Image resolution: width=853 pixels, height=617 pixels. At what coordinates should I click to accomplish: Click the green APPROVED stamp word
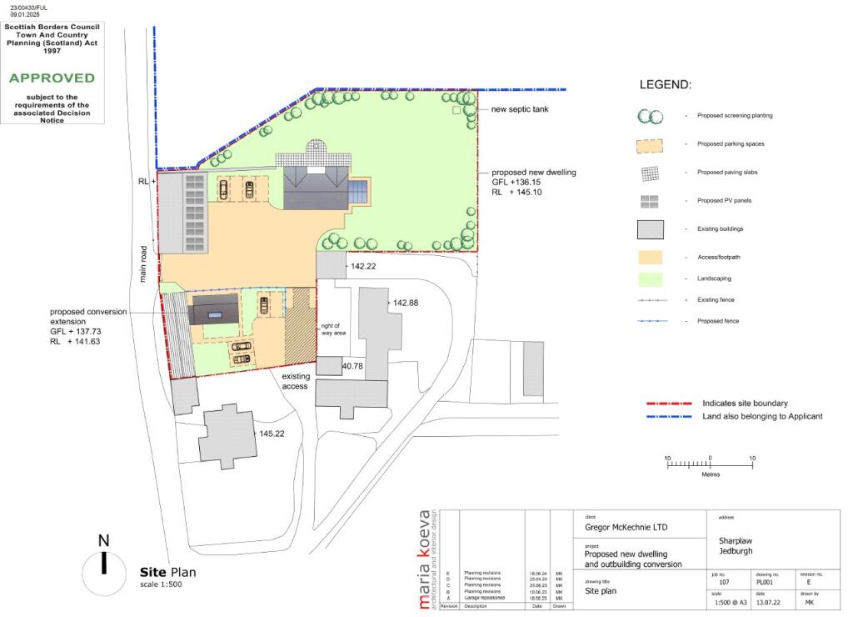click(x=52, y=78)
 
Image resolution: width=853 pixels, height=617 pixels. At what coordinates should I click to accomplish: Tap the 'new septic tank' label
click(x=520, y=109)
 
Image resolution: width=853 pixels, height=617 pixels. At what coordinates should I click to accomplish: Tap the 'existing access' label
click(x=295, y=382)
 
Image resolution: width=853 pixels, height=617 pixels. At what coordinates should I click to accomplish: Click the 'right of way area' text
click(x=331, y=330)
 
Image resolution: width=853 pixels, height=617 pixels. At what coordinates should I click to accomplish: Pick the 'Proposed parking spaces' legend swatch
click(x=651, y=144)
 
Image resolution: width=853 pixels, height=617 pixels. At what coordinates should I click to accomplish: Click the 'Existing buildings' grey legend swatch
click(x=651, y=228)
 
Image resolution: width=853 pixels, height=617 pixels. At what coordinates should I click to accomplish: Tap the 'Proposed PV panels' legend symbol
click(x=651, y=201)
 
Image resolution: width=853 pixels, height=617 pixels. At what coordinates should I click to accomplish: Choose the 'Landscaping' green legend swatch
click(x=651, y=278)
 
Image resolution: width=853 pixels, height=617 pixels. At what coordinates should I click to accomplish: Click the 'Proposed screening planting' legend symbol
click(x=650, y=116)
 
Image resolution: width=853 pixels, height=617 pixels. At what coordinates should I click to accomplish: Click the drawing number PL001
click(x=765, y=582)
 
